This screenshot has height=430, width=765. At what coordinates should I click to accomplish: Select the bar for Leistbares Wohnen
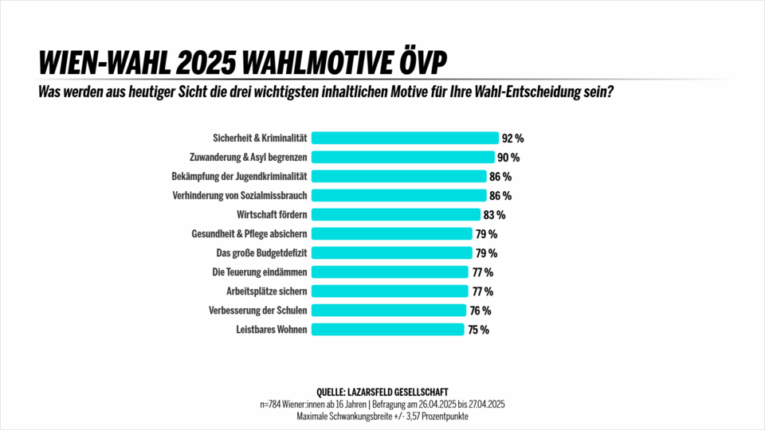click(387, 330)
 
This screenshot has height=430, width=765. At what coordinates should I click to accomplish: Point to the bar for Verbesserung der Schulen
click(388, 311)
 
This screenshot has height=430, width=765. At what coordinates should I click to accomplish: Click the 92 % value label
click(512, 139)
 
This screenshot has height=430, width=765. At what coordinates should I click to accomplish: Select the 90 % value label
click(508, 158)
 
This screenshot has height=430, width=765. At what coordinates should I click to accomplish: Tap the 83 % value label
click(494, 215)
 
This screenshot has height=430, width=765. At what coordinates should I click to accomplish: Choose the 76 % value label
click(480, 311)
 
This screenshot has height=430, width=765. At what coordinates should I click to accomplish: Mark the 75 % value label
click(478, 330)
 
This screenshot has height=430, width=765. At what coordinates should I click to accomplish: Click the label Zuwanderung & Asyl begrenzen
click(248, 157)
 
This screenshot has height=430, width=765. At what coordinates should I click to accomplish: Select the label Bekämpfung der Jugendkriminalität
click(240, 176)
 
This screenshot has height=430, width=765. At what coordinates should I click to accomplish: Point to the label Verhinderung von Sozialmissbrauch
click(240, 195)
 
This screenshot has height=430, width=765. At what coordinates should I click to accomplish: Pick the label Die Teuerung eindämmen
click(260, 272)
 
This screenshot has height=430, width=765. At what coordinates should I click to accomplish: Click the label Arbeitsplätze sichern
click(267, 291)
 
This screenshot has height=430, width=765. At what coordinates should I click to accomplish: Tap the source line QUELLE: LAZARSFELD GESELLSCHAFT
click(382, 392)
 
